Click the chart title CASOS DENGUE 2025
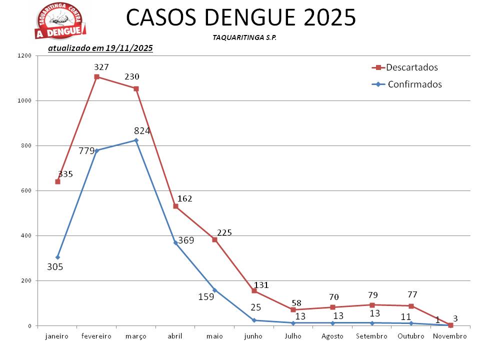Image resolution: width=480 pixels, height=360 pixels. pos(241,18)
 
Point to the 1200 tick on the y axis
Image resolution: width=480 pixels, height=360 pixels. pos(25,56)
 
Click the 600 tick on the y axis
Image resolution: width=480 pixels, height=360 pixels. pos(26,191)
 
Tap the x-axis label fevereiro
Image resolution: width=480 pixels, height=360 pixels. pos(96,336)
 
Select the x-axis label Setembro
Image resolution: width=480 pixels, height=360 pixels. pos(371,336)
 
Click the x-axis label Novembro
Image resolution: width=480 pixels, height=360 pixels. pos(450,336)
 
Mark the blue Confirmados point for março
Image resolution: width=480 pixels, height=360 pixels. pos(136,140)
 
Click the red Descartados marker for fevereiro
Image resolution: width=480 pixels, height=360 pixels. pos(96,76)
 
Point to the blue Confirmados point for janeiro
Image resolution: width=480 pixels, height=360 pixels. pos(57,257)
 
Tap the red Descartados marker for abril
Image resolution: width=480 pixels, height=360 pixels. pos(175,206)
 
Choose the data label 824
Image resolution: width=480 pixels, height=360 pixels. pos(142,131)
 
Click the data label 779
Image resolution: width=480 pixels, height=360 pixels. pos(86,151)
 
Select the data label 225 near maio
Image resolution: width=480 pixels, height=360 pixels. pos(224,232)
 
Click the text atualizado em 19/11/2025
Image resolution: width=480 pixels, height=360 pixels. pos(100,48)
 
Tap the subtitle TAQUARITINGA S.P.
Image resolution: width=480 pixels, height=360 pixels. pos(241,38)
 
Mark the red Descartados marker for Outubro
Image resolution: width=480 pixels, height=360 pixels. pos(411,306)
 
